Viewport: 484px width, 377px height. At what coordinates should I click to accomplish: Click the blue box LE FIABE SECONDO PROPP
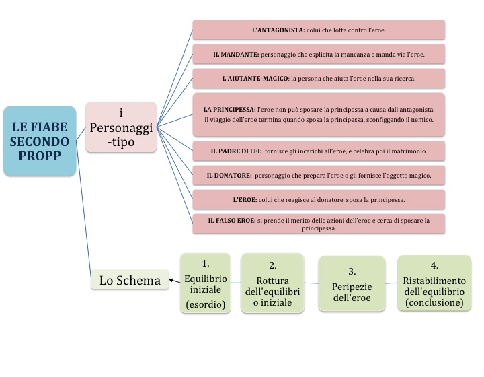point(40,141)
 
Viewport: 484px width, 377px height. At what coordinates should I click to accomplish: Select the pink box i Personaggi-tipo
point(121,127)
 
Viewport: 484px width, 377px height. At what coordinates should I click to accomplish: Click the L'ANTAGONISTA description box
point(319,30)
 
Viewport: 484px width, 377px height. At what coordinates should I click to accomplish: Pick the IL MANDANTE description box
point(319,54)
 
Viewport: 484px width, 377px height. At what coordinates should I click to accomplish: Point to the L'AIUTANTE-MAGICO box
point(319,78)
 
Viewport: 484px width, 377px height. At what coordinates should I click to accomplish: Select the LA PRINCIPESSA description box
point(319,114)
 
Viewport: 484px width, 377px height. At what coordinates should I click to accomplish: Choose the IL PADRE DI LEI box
point(319,151)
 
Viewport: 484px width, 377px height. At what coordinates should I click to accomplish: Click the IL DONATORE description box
point(319,176)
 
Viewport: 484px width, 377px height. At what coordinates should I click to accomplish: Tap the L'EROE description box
point(319,199)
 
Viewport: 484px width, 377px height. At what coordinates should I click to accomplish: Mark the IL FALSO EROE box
point(319,224)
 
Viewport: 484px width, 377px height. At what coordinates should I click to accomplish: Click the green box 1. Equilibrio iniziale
point(206,283)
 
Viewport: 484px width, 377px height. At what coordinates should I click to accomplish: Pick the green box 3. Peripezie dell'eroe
point(352,283)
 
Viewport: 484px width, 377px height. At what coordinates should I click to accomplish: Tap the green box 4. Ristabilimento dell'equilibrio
point(434,283)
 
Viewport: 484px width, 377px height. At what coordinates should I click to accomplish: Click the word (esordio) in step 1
point(206,304)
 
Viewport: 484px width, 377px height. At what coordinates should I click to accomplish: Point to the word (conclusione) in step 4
point(434,303)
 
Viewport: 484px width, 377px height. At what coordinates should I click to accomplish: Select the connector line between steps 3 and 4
point(391,283)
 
